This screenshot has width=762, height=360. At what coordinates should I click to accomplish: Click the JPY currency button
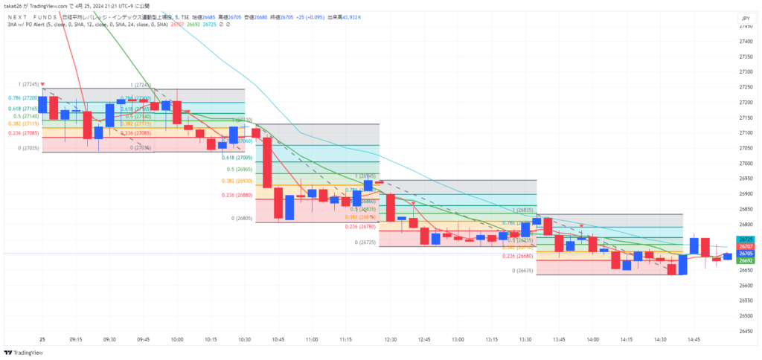click(744, 18)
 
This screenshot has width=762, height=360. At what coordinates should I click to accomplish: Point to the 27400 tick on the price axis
click(746, 41)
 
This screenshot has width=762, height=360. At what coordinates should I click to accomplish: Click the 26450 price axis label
click(746, 331)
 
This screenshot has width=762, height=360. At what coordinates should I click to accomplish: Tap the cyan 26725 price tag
click(746, 240)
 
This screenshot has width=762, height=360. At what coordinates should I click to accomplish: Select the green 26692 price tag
click(746, 260)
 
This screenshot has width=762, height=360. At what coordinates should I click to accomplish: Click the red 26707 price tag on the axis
click(746, 246)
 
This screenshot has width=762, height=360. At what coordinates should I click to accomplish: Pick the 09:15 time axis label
click(76, 338)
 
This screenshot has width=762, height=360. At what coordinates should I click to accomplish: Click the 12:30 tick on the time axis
click(391, 338)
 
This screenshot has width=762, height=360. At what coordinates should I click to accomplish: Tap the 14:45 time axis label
click(693, 338)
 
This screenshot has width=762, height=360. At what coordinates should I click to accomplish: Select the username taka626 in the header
click(16, 6)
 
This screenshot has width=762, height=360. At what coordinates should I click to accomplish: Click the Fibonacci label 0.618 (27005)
click(237, 158)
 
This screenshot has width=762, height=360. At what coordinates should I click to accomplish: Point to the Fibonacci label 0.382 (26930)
click(237, 181)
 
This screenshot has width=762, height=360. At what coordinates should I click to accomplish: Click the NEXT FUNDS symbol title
click(28, 16)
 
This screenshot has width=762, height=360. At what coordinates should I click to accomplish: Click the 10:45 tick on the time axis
click(278, 338)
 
